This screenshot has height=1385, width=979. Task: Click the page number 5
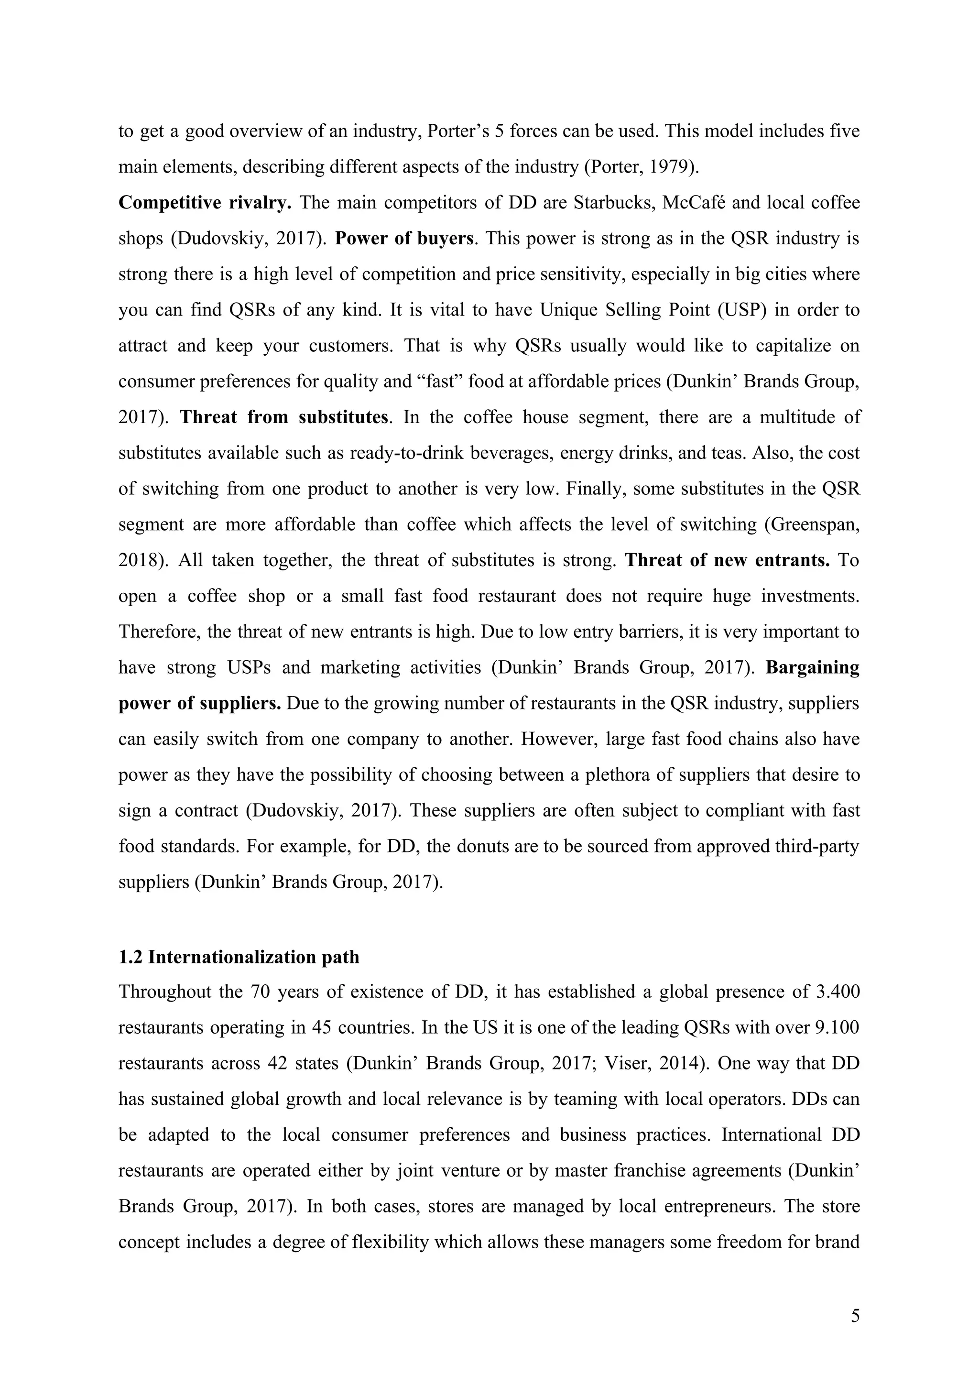[855, 1316]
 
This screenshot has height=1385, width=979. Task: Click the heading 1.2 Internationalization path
[239, 957]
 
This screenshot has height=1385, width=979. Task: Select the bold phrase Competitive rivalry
[205, 203]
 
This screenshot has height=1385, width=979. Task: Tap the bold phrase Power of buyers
[404, 239]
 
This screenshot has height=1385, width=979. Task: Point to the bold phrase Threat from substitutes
[283, 417]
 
